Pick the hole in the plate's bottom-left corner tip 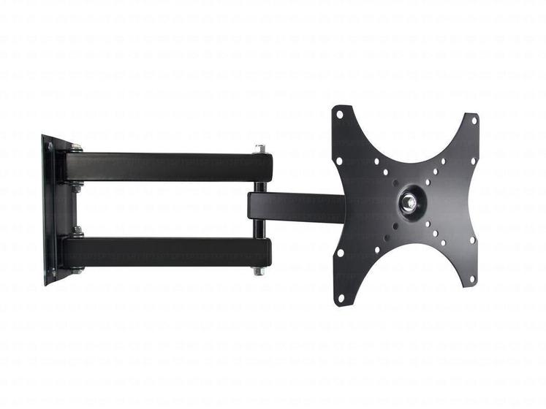pos(338,298)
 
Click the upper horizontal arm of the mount pos(168,167)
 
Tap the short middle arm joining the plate pos(296,208)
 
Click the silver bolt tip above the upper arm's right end pos(259,149)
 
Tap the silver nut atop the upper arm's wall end pos(76,148)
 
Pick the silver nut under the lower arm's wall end pos(76,270)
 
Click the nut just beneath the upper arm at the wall pos(76,188)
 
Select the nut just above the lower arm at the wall pos(77,232)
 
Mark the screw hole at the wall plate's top pos(50,145)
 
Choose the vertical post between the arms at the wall pos(75,210)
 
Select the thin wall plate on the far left pos(48,210)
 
